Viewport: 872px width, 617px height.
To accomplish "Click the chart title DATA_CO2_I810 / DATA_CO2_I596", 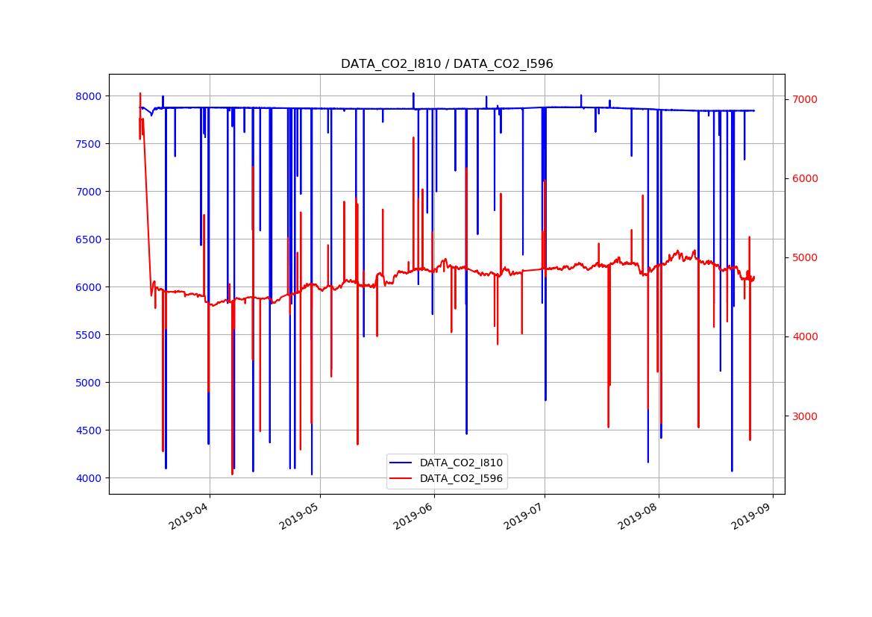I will tap(447, 64).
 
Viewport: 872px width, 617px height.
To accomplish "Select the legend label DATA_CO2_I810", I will tap(461, 463).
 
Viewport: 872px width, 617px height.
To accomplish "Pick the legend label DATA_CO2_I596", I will tap(461, 478).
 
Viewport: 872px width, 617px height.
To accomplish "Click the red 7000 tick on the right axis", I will tap(805, 99).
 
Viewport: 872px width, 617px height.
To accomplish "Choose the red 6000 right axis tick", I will tap(805, 178).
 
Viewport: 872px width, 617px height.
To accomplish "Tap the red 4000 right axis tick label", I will tap(805, 336).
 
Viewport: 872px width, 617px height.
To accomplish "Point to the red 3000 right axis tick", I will tap(805, 416).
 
